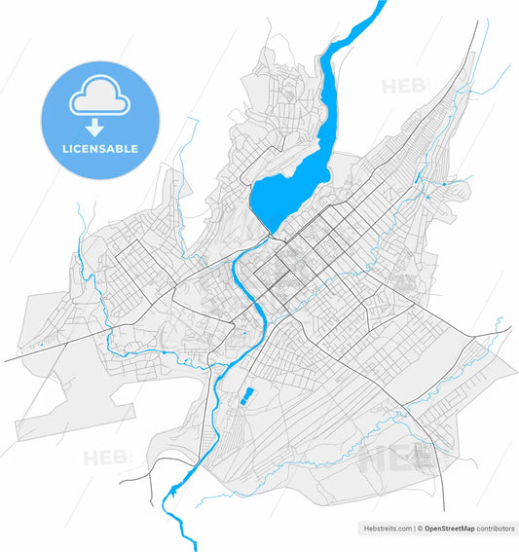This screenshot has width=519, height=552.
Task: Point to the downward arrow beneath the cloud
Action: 95,127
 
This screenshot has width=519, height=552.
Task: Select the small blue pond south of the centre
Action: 247,394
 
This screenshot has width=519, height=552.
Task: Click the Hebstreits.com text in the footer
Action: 386,529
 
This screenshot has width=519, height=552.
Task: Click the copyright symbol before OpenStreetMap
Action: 420,529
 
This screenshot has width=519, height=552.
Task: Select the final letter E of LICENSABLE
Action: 134,149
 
